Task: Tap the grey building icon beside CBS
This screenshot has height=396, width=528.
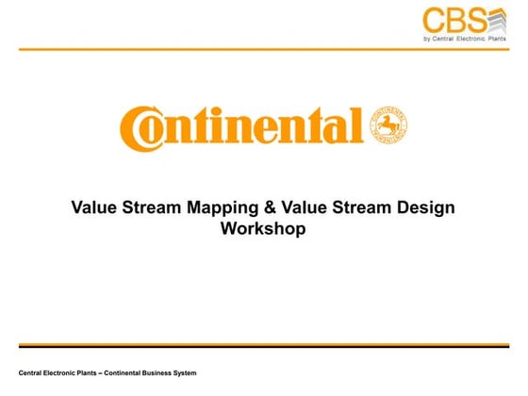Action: [x=500, y=20]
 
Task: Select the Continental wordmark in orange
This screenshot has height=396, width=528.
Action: [x=241, y=127]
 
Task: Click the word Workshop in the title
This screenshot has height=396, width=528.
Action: [x=263, y=228]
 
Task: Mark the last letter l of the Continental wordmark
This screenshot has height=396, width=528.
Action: [x=356, y=125]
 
